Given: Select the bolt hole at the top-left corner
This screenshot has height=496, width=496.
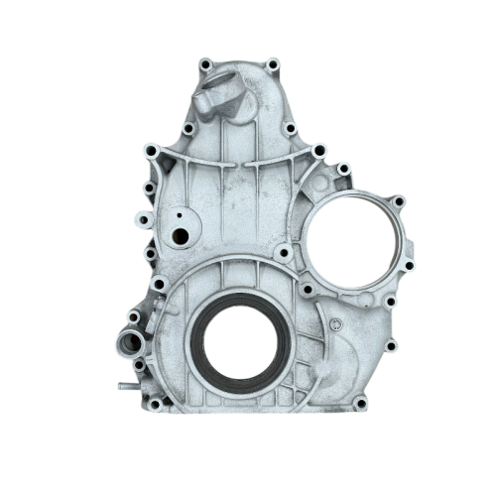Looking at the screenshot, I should pos(204,65).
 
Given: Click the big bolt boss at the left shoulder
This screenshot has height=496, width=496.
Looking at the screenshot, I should pos(151,152).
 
